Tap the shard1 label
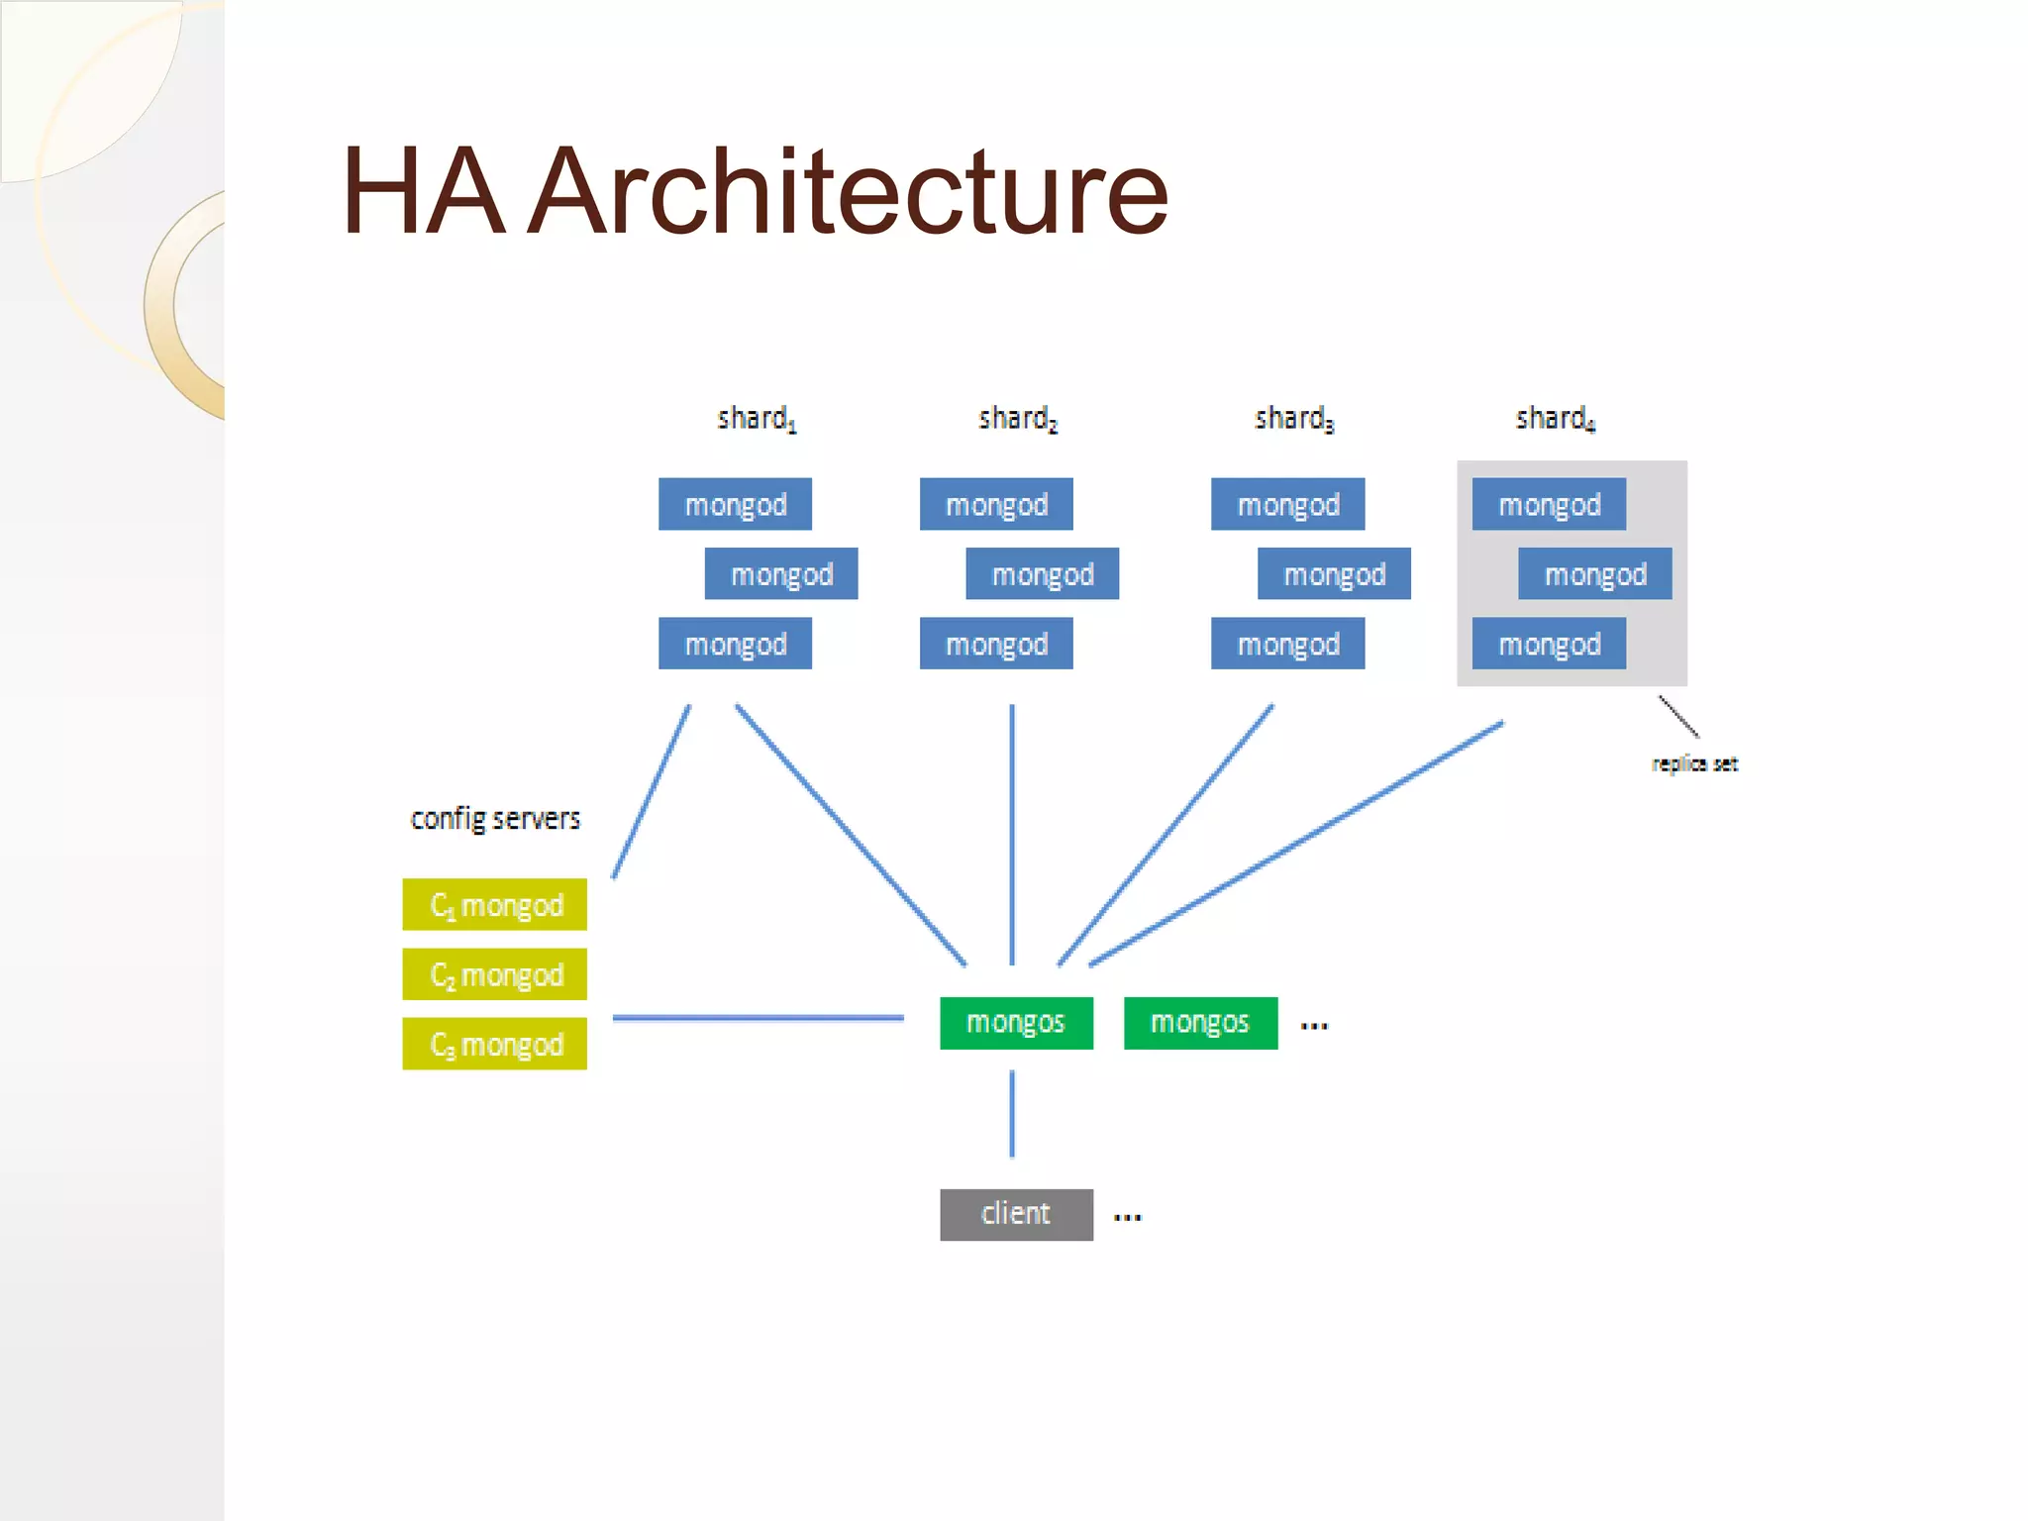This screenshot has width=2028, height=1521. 757,419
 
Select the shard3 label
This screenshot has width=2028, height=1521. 1293,419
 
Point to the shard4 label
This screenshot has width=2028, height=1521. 1555,419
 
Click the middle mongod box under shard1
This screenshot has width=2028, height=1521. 781,574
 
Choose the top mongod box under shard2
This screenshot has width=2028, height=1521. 996,505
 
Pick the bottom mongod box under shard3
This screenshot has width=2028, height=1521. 1287,644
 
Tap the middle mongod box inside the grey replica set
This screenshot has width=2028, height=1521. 1595,574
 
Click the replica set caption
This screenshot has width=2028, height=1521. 1694,763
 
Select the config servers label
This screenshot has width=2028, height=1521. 495,819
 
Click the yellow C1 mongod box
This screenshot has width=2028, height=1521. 495,905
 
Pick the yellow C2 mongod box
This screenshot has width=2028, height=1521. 495,974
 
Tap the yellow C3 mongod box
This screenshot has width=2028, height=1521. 495,1044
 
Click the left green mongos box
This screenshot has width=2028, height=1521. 1016,1023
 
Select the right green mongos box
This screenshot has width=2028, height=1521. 1200,1023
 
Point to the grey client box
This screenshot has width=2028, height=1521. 1016,1214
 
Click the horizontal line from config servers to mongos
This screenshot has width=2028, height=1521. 758,1017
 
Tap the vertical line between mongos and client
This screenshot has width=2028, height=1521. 1012,1114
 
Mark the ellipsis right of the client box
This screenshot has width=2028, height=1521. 1127,1217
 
